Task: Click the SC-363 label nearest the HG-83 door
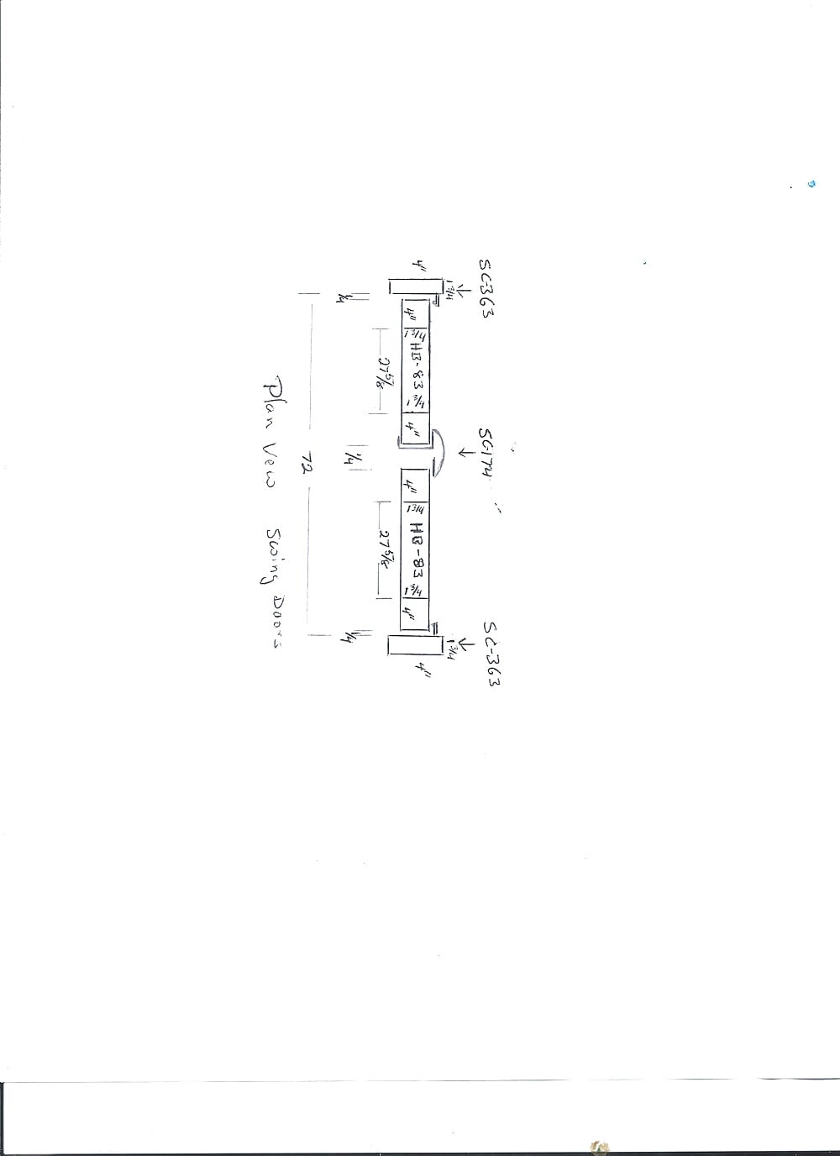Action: click(491, 654)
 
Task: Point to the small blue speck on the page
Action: click(811, 183)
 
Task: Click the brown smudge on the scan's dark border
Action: click(600, 1147)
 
